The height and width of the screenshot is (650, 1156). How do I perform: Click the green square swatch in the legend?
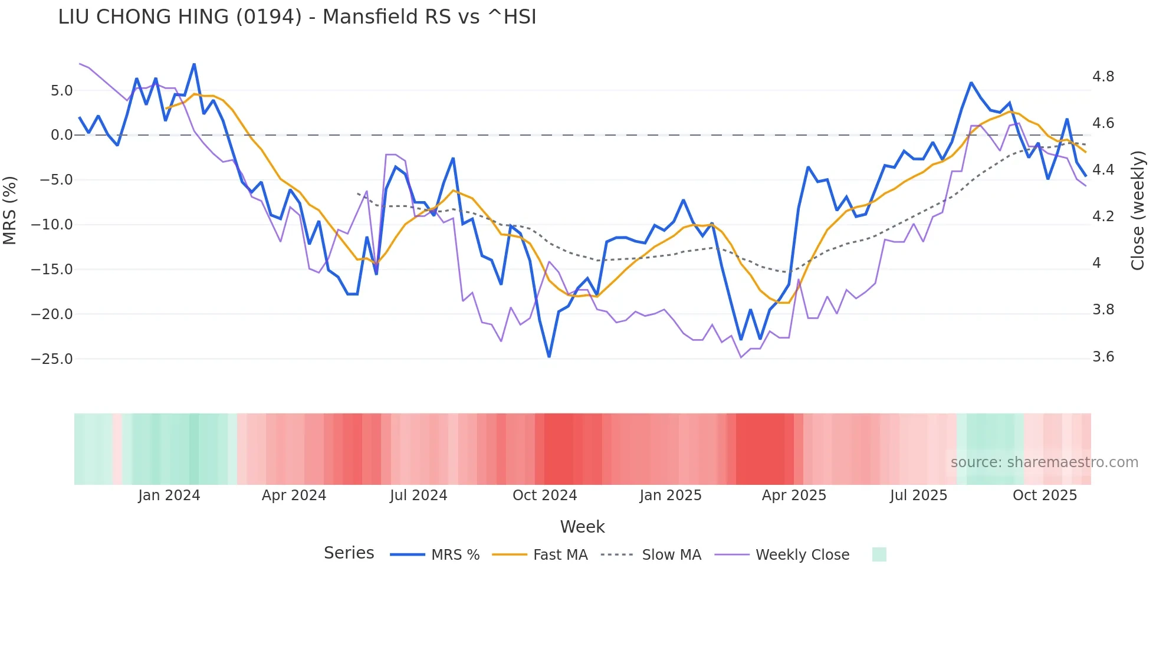(x=879, y=554)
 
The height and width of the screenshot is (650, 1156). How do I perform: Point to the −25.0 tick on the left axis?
(x=52, y=359)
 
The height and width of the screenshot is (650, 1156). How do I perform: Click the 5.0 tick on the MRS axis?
(x=61, y=91)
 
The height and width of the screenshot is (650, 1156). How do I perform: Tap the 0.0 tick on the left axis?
(x=61, y=135)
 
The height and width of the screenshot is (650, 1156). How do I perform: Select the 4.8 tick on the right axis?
(x=1104, y=77)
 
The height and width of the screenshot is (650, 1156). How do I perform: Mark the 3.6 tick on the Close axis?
(x=1104, y=357)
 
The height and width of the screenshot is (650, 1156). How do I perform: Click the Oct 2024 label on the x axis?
(x=544, y=495)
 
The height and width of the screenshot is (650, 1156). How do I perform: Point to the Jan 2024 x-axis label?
(x=169, y=495)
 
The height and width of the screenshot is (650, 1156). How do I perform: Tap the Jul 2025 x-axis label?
(x=918, y=495)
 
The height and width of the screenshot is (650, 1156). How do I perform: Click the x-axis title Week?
(x=582, y=527)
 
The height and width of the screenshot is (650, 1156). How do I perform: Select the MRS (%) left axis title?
(x=10, y=210)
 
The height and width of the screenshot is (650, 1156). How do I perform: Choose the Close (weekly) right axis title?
(x=1138, y=210)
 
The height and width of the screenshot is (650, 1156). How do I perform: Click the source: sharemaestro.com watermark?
(x=1044, y=462)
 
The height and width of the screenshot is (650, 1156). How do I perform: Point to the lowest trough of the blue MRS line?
(x=549, y=356)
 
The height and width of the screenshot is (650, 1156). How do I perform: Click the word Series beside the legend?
(x=349, y=553)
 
